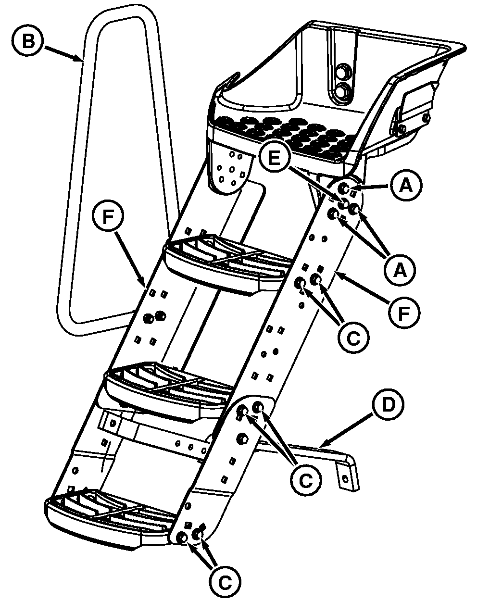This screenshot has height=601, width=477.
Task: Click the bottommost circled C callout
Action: (224, 583)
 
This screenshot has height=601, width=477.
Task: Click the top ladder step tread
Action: (226, 262)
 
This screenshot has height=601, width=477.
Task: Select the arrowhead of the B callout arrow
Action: (81, 59)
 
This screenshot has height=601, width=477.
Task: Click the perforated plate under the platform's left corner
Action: (230, 171)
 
